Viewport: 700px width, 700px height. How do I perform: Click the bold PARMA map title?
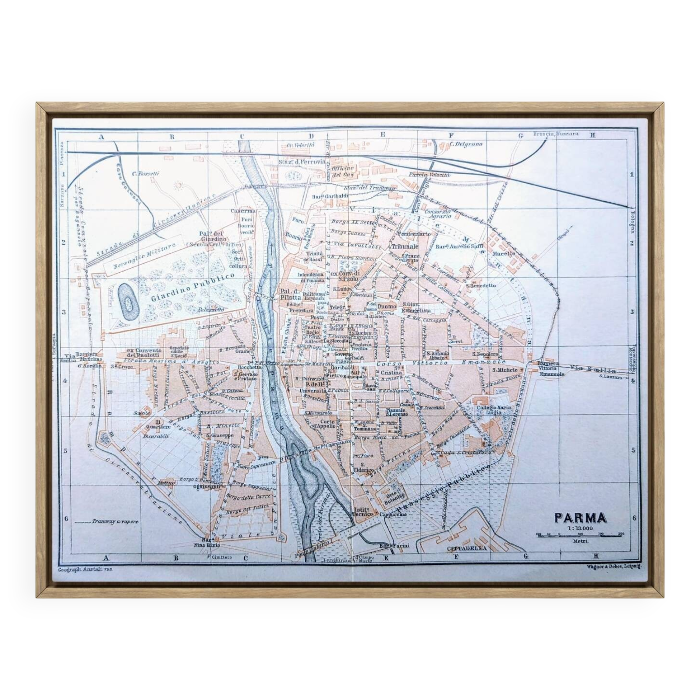[580, 518]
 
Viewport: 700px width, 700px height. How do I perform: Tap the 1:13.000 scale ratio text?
[580, 528]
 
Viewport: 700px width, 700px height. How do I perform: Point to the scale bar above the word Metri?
[580, 535]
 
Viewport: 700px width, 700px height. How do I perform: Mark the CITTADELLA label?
[467, 548]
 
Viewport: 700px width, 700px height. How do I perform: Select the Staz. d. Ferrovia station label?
[302, 162]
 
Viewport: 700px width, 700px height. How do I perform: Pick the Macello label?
[503, 254]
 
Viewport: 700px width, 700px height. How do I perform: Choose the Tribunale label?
[405, 246]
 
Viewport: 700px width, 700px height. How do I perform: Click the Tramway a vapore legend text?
[115, 522]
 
